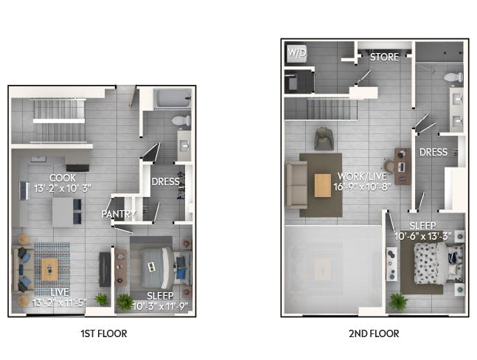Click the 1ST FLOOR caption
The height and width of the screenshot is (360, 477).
click(104, 333)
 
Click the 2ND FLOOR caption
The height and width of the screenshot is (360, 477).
click(374, 333)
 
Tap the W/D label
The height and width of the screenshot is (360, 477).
click(297, 53)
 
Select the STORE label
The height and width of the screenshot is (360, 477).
click(384, 57)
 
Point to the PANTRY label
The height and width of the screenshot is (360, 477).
click(119, 214)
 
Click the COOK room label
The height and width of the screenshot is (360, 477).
click(63, 178)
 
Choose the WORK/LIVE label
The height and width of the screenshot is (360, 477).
click(362, 176)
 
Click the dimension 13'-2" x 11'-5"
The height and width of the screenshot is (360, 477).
click(60, 302)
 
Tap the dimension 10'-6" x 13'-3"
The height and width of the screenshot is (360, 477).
click(422, 236)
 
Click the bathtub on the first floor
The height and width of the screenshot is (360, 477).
click(173, 98)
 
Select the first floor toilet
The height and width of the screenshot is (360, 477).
click(181, 120)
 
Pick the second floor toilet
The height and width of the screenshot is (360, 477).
click(453, 77)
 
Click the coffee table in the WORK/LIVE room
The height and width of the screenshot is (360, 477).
click(322, 185)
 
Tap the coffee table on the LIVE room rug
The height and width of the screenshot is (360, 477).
click(49, 269)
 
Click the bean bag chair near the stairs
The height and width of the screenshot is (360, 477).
click(324, 139)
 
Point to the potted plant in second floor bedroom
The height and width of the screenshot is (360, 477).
click(398, 301)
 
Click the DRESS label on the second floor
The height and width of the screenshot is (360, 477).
click(434, 152)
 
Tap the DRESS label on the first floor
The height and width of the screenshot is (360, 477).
click(165, 181)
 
